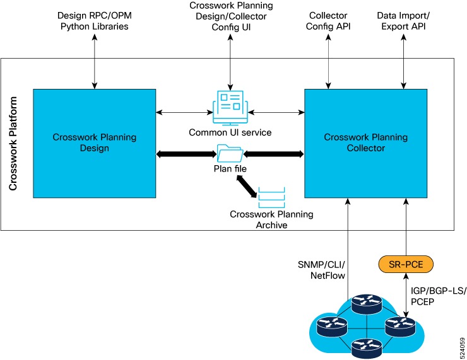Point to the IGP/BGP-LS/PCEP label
[438, 296]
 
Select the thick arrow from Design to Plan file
[185, 153]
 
